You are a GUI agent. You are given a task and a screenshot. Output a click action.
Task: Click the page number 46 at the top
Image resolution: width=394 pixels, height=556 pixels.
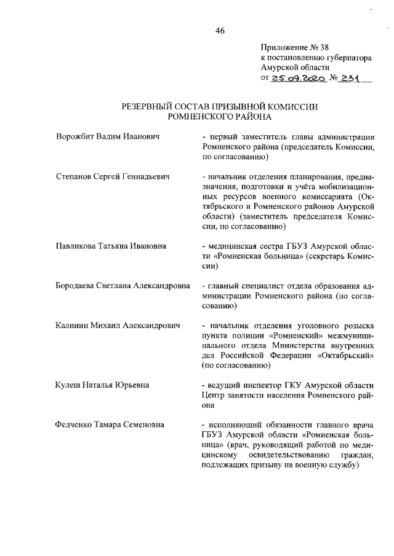point(220,32)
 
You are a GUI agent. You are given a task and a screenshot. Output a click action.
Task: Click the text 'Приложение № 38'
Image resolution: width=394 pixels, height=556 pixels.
point(295,46)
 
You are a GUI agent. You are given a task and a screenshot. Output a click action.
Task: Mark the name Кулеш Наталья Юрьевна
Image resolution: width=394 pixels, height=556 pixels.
point(102,385)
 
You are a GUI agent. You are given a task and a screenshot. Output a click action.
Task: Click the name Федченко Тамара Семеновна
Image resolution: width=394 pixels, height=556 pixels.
point(110,425)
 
